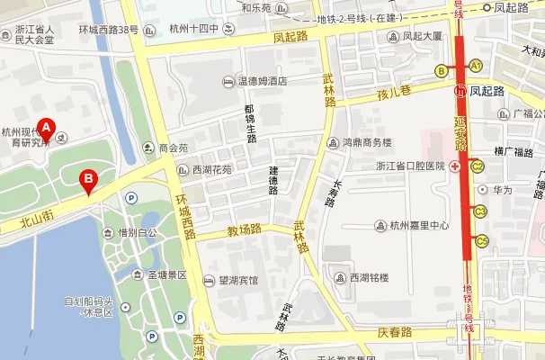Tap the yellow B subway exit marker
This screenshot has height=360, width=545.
click(441, 70)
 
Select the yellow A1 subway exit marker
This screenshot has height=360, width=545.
click(475, 65)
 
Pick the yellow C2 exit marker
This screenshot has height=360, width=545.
click(478, 166)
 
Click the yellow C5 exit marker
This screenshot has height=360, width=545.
click(481, 240)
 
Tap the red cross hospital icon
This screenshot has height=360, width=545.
click(456, 166)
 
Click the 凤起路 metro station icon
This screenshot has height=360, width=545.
click(460, 91)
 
